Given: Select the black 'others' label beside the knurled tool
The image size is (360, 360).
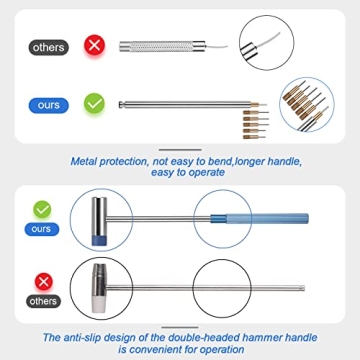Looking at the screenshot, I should pyautogui.click(x=48, y=47).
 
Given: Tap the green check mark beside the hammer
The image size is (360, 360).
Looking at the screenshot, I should pyautogui.click(x=41, y=210).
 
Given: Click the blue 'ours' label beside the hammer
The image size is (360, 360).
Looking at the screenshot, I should pyautogui.click(x=41, y=229).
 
